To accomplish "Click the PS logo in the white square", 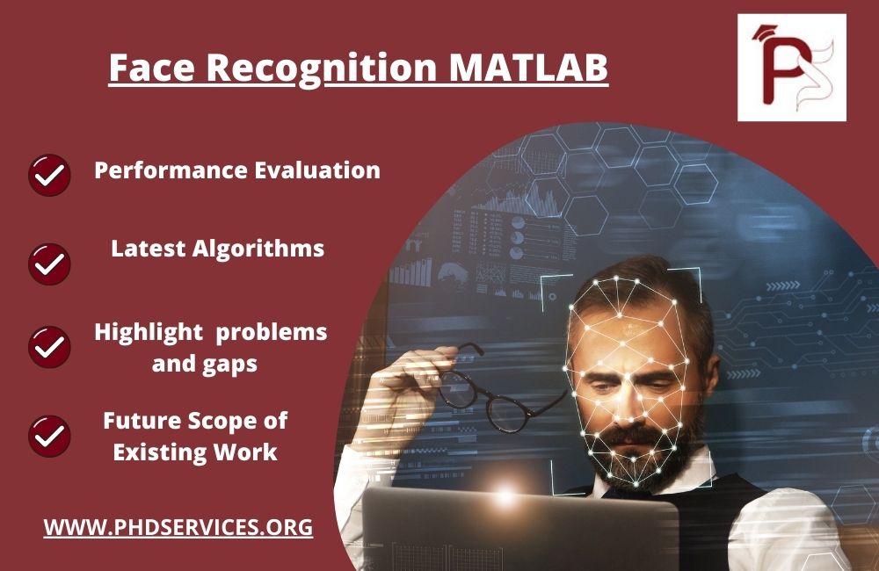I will point(791,68).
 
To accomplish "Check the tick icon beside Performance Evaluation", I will point(50,175).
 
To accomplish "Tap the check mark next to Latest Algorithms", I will point(50,263).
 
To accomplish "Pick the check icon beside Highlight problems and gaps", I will point(50,346).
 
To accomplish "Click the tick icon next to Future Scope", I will point(50,436).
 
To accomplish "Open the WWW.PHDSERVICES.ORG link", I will point(178,528).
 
